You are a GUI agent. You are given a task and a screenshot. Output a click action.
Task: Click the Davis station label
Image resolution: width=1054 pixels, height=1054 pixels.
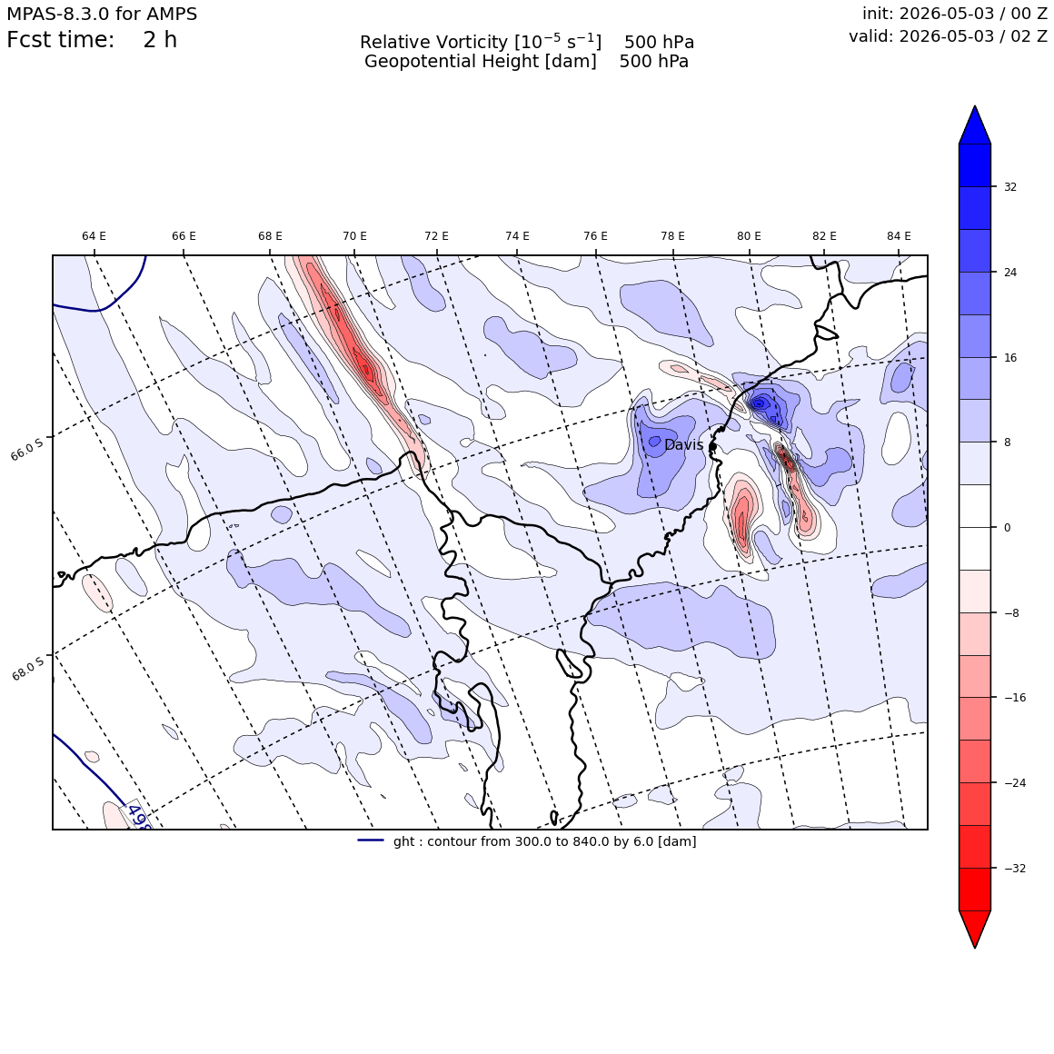click(x=683, y=445)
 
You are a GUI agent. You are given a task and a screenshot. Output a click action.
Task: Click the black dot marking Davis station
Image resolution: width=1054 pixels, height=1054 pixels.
click(x=712, y=446)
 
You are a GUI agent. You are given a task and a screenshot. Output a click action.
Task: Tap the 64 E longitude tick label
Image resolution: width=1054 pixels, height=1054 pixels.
click(x=94, y=236)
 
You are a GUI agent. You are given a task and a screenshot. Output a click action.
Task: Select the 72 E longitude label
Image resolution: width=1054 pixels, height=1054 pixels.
click(x=436, y=236)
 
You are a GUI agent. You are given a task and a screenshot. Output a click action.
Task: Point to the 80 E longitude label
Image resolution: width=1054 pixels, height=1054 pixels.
click(x=749, y=236)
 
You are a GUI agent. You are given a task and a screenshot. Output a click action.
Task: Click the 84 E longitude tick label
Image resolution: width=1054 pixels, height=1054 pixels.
click(x=899, y=236)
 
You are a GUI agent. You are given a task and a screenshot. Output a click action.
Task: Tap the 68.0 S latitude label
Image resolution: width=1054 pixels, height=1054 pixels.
click(x=27, y=669)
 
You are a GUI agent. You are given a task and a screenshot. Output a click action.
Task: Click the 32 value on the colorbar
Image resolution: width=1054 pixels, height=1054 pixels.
click(x=1010, y=187)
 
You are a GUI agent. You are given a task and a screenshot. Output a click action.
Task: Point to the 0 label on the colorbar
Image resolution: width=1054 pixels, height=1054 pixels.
click(x=1007, y=528)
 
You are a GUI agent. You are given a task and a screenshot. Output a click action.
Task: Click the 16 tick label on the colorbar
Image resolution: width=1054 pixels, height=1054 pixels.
click(x=1010, y=358)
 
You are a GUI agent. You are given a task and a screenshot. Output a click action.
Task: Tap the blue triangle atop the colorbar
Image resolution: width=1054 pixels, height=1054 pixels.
click(x=975, y=125)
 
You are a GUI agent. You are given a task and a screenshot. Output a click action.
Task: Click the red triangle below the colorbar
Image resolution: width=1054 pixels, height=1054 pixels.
click(x=975, y=929)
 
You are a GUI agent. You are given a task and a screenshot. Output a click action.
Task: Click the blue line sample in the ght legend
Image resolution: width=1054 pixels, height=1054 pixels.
click(x=371, y=840)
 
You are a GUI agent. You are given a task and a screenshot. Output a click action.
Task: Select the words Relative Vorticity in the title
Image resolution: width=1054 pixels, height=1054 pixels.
click(x=433, y=43)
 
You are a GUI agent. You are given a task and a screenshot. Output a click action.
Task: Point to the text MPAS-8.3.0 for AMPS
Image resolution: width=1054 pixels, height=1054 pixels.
click(x=102, y=15)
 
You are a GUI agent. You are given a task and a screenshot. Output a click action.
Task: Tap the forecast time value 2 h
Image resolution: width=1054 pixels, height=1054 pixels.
click(x=160, y=40)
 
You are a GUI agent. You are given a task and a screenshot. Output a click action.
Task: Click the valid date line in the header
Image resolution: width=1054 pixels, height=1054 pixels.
click(x=948, y=36)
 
